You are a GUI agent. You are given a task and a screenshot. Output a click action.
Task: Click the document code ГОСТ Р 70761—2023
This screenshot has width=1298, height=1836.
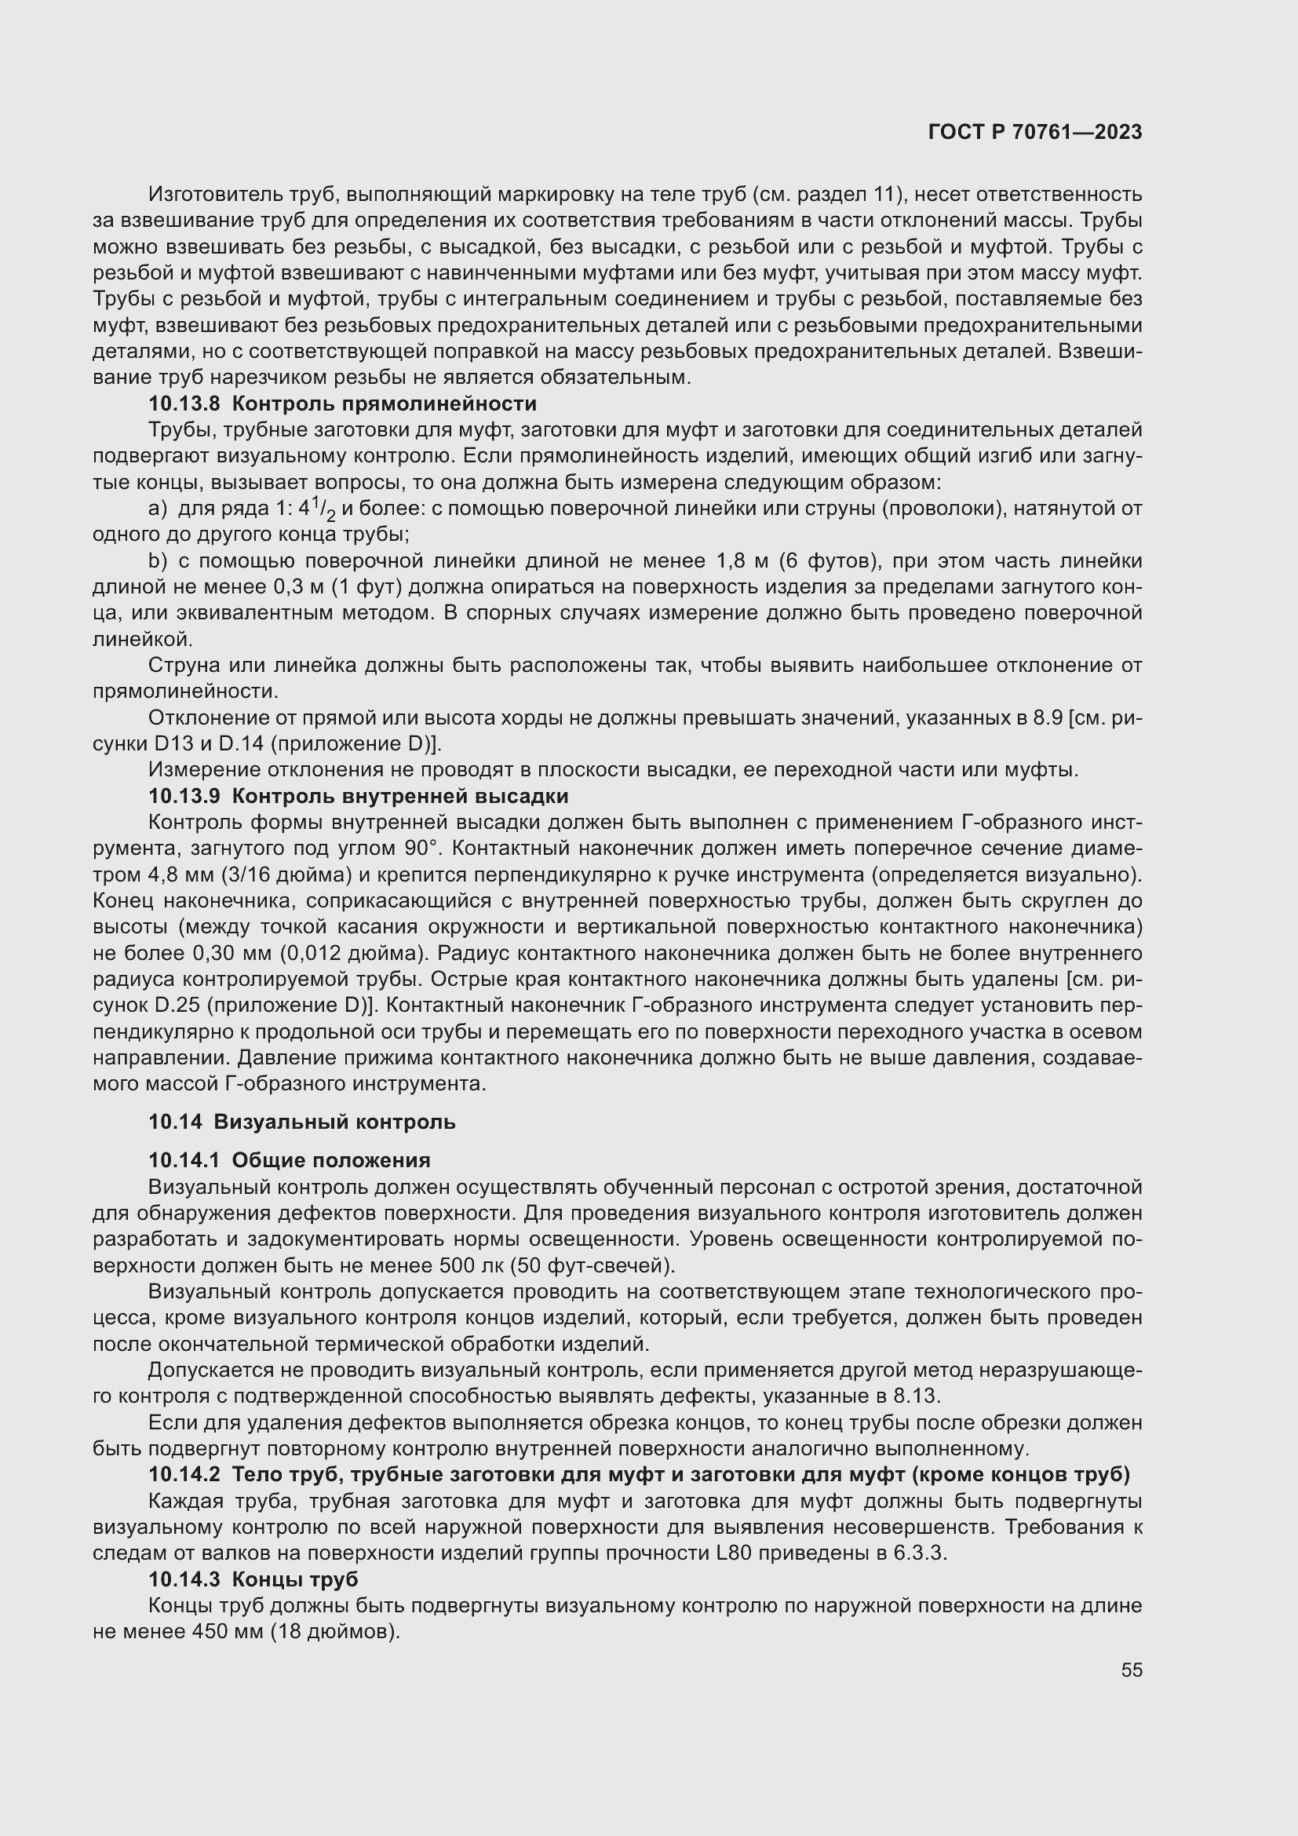pyautogui.click(x=1035, y=133)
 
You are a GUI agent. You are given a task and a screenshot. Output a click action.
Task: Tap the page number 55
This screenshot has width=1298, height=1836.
pyautogui.click(x=1131, y=1670)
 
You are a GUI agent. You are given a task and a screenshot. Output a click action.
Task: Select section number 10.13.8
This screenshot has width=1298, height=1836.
pyautogui.click(x=184, y=403)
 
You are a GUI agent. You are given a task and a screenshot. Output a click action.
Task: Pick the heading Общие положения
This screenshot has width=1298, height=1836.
pyautogui.click(x=331, y=1160)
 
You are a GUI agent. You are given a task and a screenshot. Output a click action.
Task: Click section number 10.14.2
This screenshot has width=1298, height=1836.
pyautogui.click(x=184, y=1475)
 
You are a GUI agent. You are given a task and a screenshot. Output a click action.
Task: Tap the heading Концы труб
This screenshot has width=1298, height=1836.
pyautogui.click(x=295, y=1579)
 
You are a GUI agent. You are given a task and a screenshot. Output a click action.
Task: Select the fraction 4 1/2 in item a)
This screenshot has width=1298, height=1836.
pyautogui.click(x=317, y=509)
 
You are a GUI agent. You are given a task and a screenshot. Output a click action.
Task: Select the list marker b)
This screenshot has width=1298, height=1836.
pyautogui.click(x=158, y=561)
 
